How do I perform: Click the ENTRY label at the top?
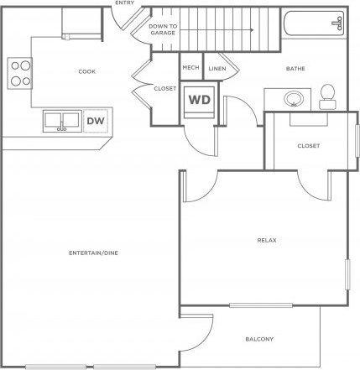(125, 3)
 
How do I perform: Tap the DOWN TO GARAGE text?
(163, 29)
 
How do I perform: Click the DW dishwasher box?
(96, 122)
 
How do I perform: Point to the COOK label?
(86, 71)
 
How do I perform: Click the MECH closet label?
(190, 68)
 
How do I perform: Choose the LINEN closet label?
(217, 68)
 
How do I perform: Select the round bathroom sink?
(294, 98)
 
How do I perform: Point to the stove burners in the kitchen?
(20, 73)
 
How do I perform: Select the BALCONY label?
(258, 339)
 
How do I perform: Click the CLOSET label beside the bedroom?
(308, 145)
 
